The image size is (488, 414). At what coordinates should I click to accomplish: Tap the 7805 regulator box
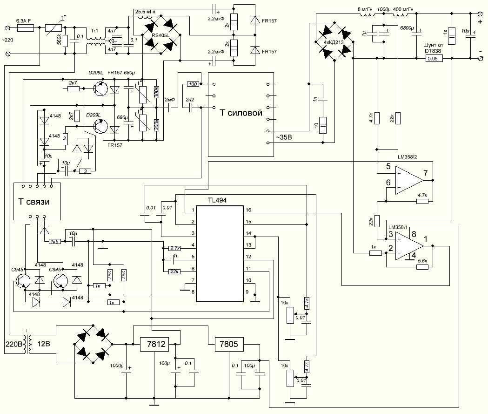(227, 344)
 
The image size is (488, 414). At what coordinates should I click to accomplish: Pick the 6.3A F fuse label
(24, 21)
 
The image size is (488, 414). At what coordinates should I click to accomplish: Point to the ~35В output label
(285, 137)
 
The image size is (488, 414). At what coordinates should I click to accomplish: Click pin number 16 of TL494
(249, 210)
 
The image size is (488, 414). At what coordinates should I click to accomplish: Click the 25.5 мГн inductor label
(147, 11)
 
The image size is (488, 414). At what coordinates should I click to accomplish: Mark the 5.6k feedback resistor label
(423, 261)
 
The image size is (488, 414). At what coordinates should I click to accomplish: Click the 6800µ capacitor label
(408, 29)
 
